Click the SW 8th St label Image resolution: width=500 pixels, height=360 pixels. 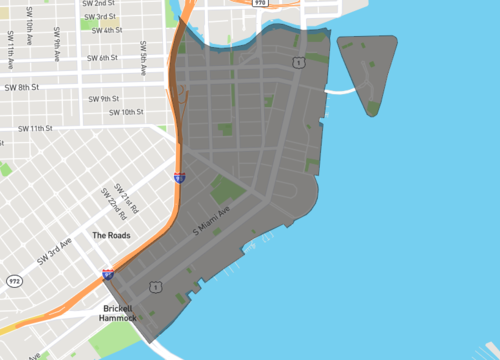(20, 87)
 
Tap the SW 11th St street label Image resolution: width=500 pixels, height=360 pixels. (34, 128)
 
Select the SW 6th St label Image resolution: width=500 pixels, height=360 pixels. (104, 58)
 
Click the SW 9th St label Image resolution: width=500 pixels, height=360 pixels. (103, 98)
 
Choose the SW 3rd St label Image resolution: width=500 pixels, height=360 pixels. (97, 17)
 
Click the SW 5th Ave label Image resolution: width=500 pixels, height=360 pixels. (144, 52)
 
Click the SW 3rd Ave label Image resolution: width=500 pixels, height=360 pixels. (55, 250)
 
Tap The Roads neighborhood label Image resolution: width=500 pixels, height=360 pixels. (111, 235)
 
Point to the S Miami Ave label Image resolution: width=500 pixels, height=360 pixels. (211, 221)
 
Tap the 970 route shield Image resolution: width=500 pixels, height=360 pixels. (260, 4)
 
